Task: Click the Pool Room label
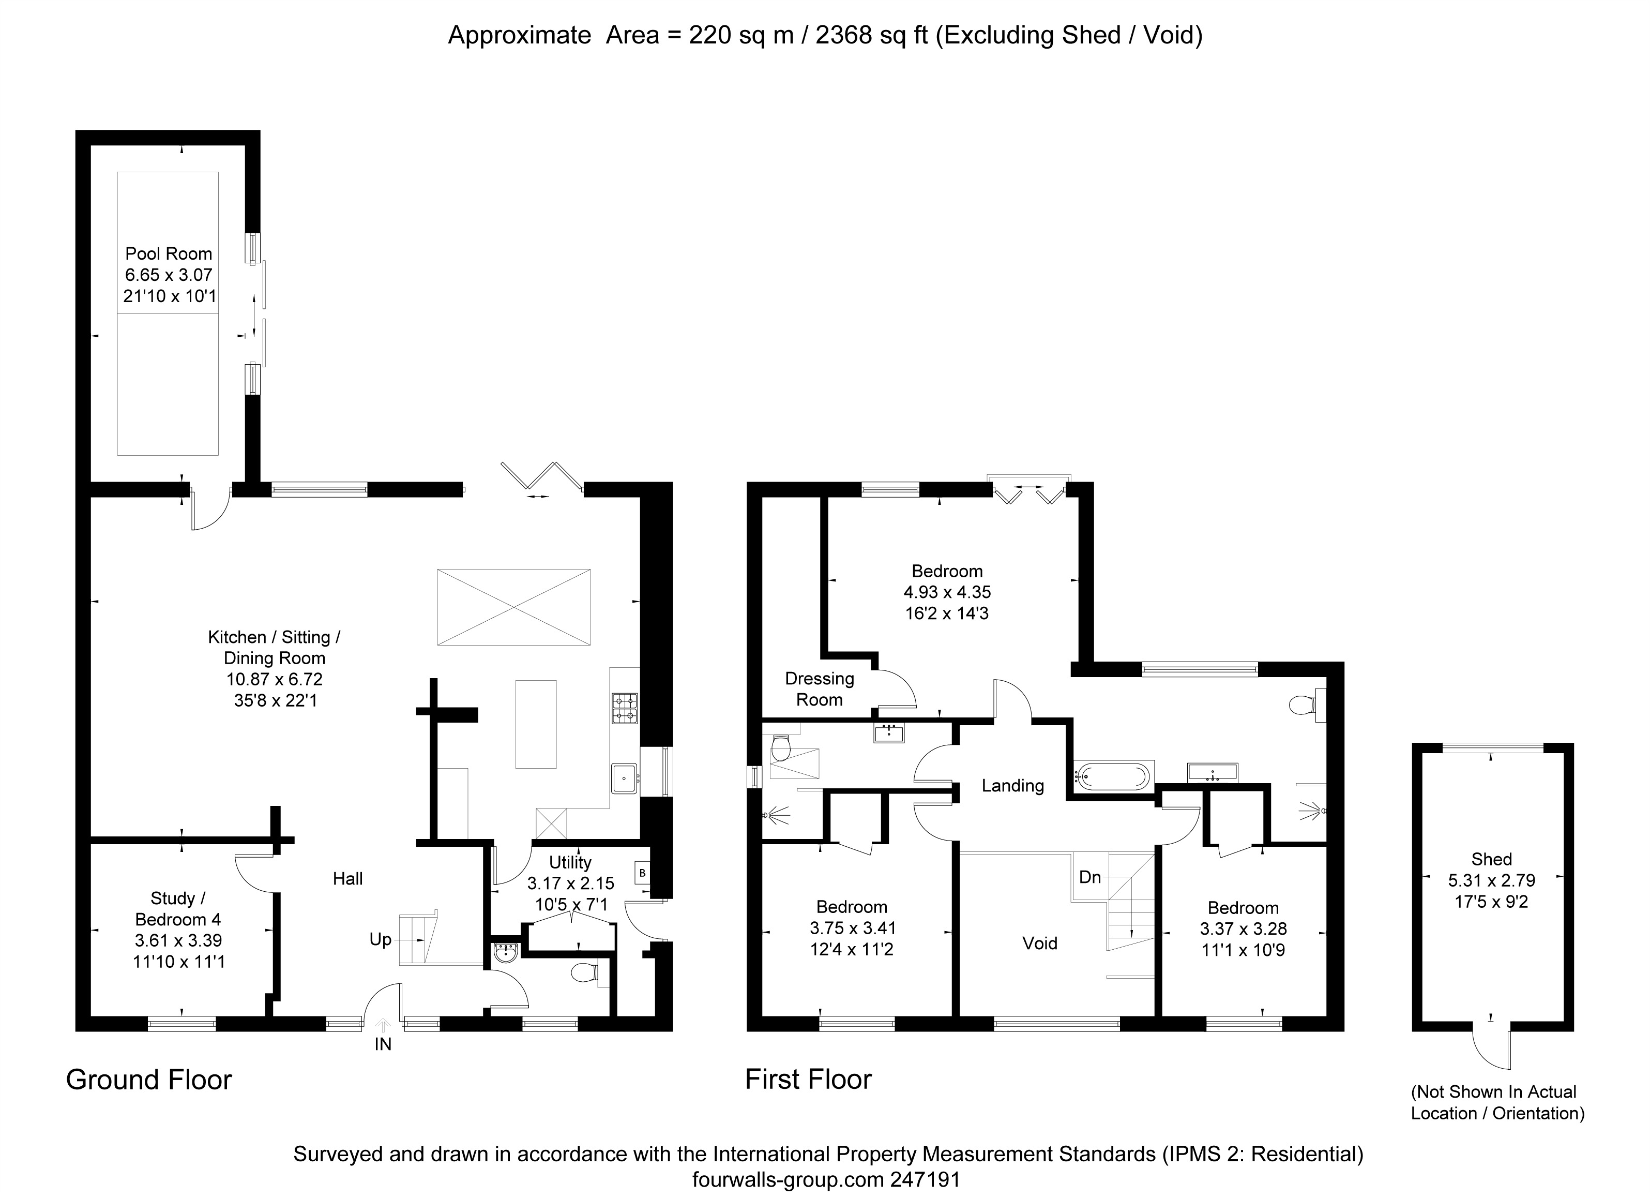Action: click(169, 253)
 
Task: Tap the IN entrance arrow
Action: click(383, 1025)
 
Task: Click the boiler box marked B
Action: click(642, 872)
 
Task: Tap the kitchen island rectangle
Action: click(536, 724)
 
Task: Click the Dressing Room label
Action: click(819, 689)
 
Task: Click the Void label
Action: click(1040, 944)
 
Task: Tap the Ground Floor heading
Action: click(149, 1080)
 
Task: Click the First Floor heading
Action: click(808, 1080)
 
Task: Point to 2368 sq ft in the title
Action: click(872, 35)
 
